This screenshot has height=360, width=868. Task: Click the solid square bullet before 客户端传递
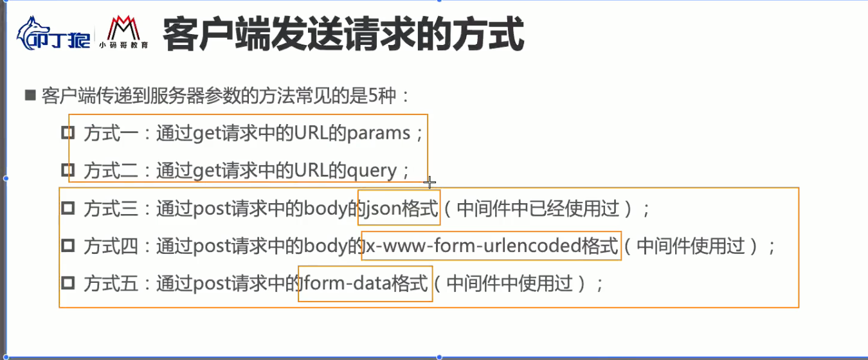coord(30,96)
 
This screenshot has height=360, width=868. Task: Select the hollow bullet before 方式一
coord(68,133)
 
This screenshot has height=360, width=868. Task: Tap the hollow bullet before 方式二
coord(68,170)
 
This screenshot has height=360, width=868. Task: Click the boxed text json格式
coord(399,208)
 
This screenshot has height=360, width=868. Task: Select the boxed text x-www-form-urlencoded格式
coord(492,246)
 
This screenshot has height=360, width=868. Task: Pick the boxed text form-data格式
coord(366,283)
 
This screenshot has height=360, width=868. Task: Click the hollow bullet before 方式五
coord(68,283)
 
